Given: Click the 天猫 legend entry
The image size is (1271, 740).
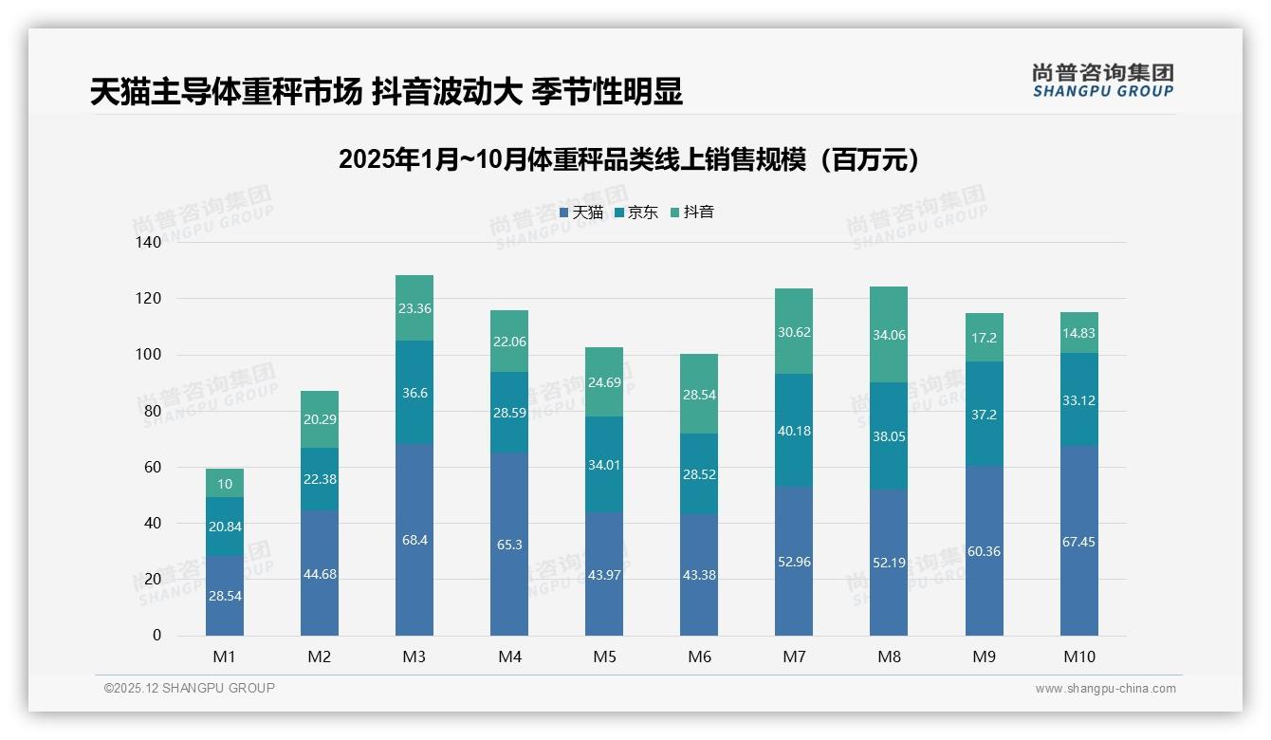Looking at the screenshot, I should point(581,213).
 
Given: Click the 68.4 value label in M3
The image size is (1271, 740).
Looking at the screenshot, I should point(414,541).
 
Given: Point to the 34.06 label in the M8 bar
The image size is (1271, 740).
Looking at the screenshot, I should point(889,333).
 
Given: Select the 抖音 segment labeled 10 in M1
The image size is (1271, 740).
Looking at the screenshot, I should point(225,484).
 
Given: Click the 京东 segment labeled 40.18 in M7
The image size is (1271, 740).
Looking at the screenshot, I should point(794,431).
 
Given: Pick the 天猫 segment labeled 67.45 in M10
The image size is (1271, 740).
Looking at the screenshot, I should point(1078,542).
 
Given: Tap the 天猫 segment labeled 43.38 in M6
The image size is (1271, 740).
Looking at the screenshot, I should point(699,575).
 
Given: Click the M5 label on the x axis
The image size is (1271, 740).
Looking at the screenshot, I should point(604,656).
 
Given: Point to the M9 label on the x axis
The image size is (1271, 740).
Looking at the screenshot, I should point(985,656).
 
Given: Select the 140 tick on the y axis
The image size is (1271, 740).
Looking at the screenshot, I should point(150,243).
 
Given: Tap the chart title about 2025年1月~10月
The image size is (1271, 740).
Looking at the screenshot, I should point(629,159).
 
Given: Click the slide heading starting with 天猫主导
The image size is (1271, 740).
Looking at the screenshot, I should point(386,92).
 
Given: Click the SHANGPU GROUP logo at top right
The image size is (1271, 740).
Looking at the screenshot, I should point(1102,81).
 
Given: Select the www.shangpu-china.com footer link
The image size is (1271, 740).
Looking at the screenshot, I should point(1105,689).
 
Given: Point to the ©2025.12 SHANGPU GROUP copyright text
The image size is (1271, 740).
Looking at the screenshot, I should point(190,689).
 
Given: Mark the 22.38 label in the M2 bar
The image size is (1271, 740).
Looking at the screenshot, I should point(320,479).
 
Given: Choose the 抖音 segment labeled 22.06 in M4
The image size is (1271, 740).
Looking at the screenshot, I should point(509,342).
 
